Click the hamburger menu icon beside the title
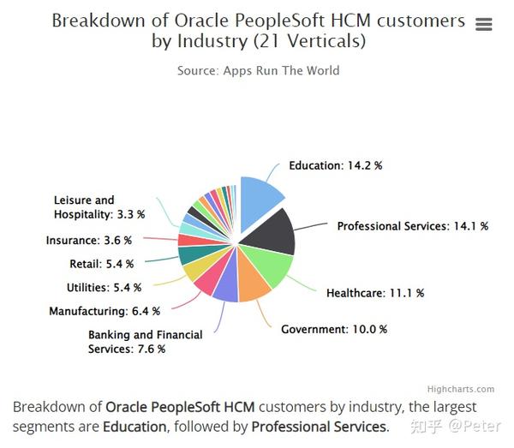coord(483,25)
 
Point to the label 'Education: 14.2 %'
coord(335,165)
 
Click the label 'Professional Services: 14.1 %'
coord(412,226)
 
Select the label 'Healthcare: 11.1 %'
coord(375,293)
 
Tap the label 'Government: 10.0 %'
coord(334,329)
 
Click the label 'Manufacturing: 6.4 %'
coord(99,311)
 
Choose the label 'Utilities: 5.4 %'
coord(104,287)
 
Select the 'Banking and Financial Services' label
coord(145,342)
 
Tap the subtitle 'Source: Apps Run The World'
coord(258,70)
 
